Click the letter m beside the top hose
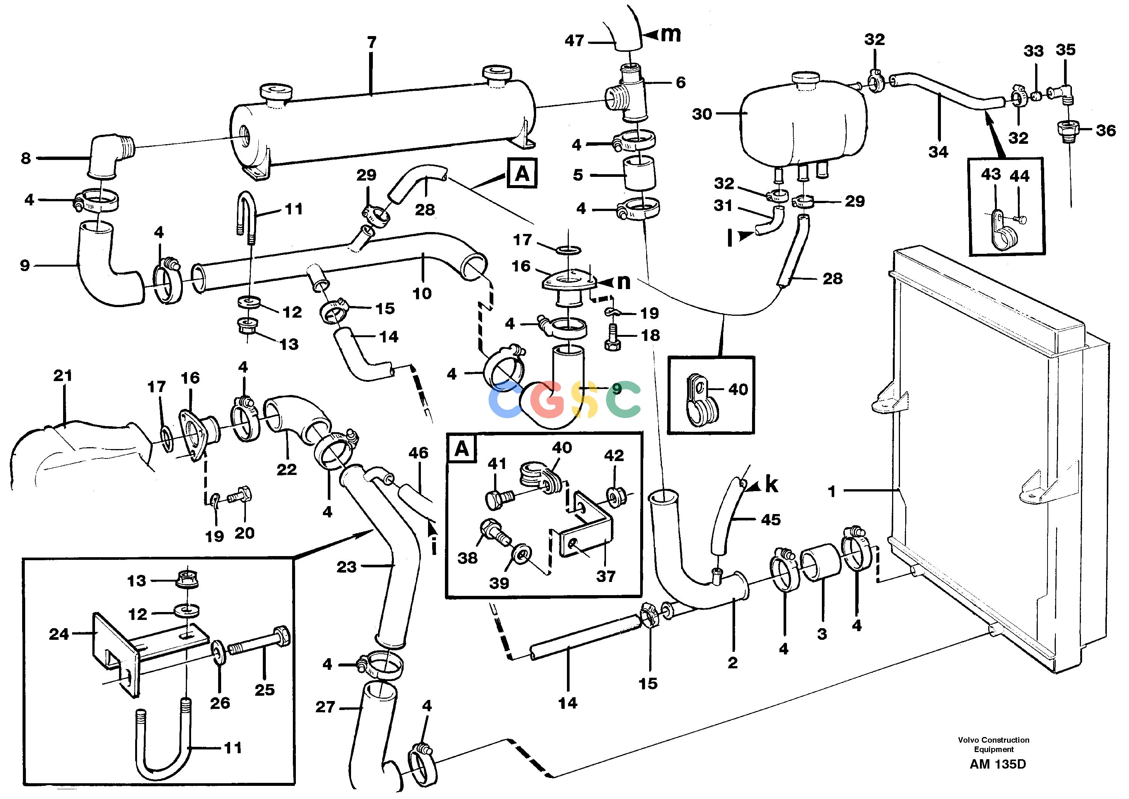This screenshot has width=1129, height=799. click(x=670, y=35)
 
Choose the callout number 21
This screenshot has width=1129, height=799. click(x=63, y=375)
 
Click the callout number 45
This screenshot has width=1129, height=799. click(x=770, y=520)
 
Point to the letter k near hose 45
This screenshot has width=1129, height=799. click(x=772, y=485)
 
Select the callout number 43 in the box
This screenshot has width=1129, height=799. click(x=991, y=174)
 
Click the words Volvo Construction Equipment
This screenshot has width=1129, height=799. click(x=994, y=745)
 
